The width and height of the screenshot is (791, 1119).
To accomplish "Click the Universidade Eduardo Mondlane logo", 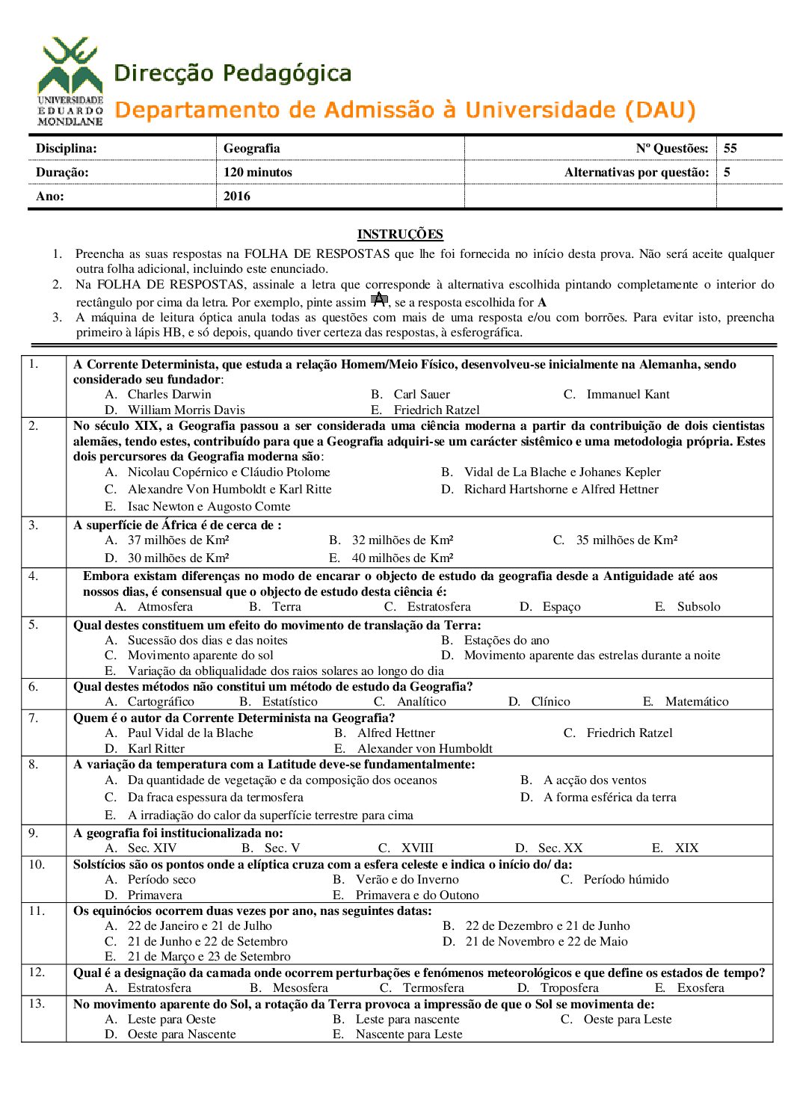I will tap(70, 81).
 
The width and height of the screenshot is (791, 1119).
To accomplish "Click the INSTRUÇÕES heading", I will tap(400, 234).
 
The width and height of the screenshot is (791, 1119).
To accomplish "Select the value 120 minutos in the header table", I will tap(258, 172).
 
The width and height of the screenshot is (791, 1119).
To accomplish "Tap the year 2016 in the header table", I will tap(237, 196).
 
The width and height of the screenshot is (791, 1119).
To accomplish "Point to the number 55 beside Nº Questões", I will tap(730, 148).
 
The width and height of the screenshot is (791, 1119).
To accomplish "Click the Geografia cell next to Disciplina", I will tap(252, 148).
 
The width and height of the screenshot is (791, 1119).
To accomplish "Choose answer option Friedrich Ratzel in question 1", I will tap(437, 410).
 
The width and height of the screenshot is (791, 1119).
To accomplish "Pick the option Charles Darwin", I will tap(169, 394).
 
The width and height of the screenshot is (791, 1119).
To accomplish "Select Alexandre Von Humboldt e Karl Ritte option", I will tap(230, 489).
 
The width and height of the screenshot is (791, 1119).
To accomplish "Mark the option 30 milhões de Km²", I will tap(178, 558).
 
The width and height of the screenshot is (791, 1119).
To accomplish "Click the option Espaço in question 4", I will tap(561, 606).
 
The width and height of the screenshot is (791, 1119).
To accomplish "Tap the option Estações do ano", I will tap(506, 640).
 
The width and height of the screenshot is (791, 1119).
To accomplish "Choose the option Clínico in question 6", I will tap(550, 701).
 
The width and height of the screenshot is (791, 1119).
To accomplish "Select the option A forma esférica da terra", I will tap(609, 797).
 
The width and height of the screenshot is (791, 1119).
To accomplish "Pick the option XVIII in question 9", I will tap(417, 848).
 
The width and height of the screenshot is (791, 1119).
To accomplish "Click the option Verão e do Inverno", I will tap(407, 879).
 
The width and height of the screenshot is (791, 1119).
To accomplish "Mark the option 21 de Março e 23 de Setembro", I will tap(209, 956).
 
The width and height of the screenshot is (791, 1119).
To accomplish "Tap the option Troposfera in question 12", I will tap(569, 987).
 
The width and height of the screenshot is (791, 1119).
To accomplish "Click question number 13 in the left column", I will tap(37, 1003).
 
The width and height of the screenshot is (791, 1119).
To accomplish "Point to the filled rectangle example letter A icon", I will tap(379, 300).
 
